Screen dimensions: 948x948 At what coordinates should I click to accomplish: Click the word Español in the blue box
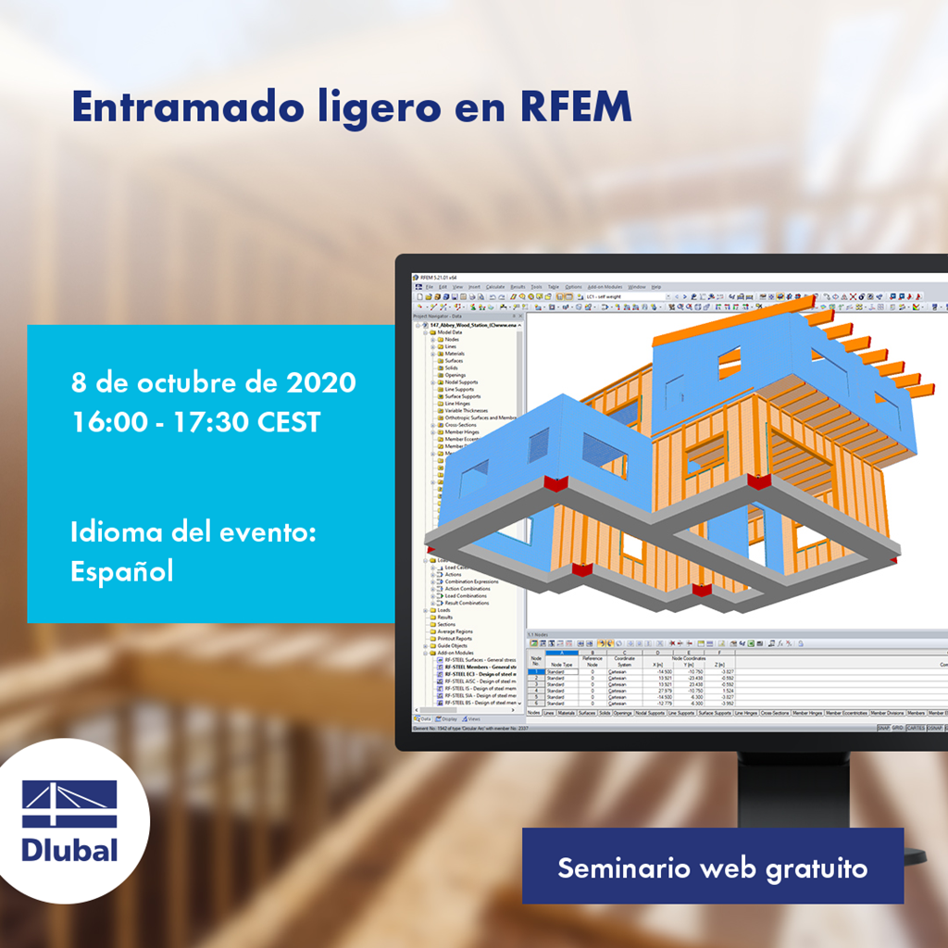point(122,571)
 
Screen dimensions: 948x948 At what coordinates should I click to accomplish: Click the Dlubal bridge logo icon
point(69,804)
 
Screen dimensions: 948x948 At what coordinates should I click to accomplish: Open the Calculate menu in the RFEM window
point(495,287)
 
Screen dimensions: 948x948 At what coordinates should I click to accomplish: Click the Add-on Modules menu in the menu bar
point(605,287)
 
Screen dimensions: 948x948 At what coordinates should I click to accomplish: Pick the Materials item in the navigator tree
point(455,354)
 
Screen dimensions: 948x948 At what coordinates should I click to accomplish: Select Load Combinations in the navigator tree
point(467,595)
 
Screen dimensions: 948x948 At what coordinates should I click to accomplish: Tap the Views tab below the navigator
point(473,718)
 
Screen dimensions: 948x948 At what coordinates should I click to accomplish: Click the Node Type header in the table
point(562,664)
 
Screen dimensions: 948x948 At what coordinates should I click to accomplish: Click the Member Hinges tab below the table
point(807,714)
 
